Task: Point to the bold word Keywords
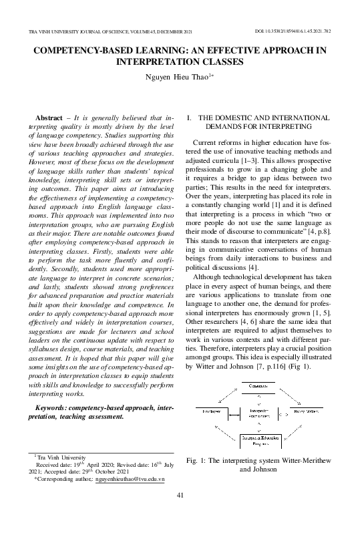tap(55, 407)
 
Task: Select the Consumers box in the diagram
tap(256, 387)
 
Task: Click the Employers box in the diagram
tap(210, 411)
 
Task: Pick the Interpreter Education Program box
tap(256, 439)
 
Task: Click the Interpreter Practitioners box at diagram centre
tap(256, 412)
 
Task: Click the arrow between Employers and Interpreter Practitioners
tap(233, 411)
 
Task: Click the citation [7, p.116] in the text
tap(274, 367)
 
